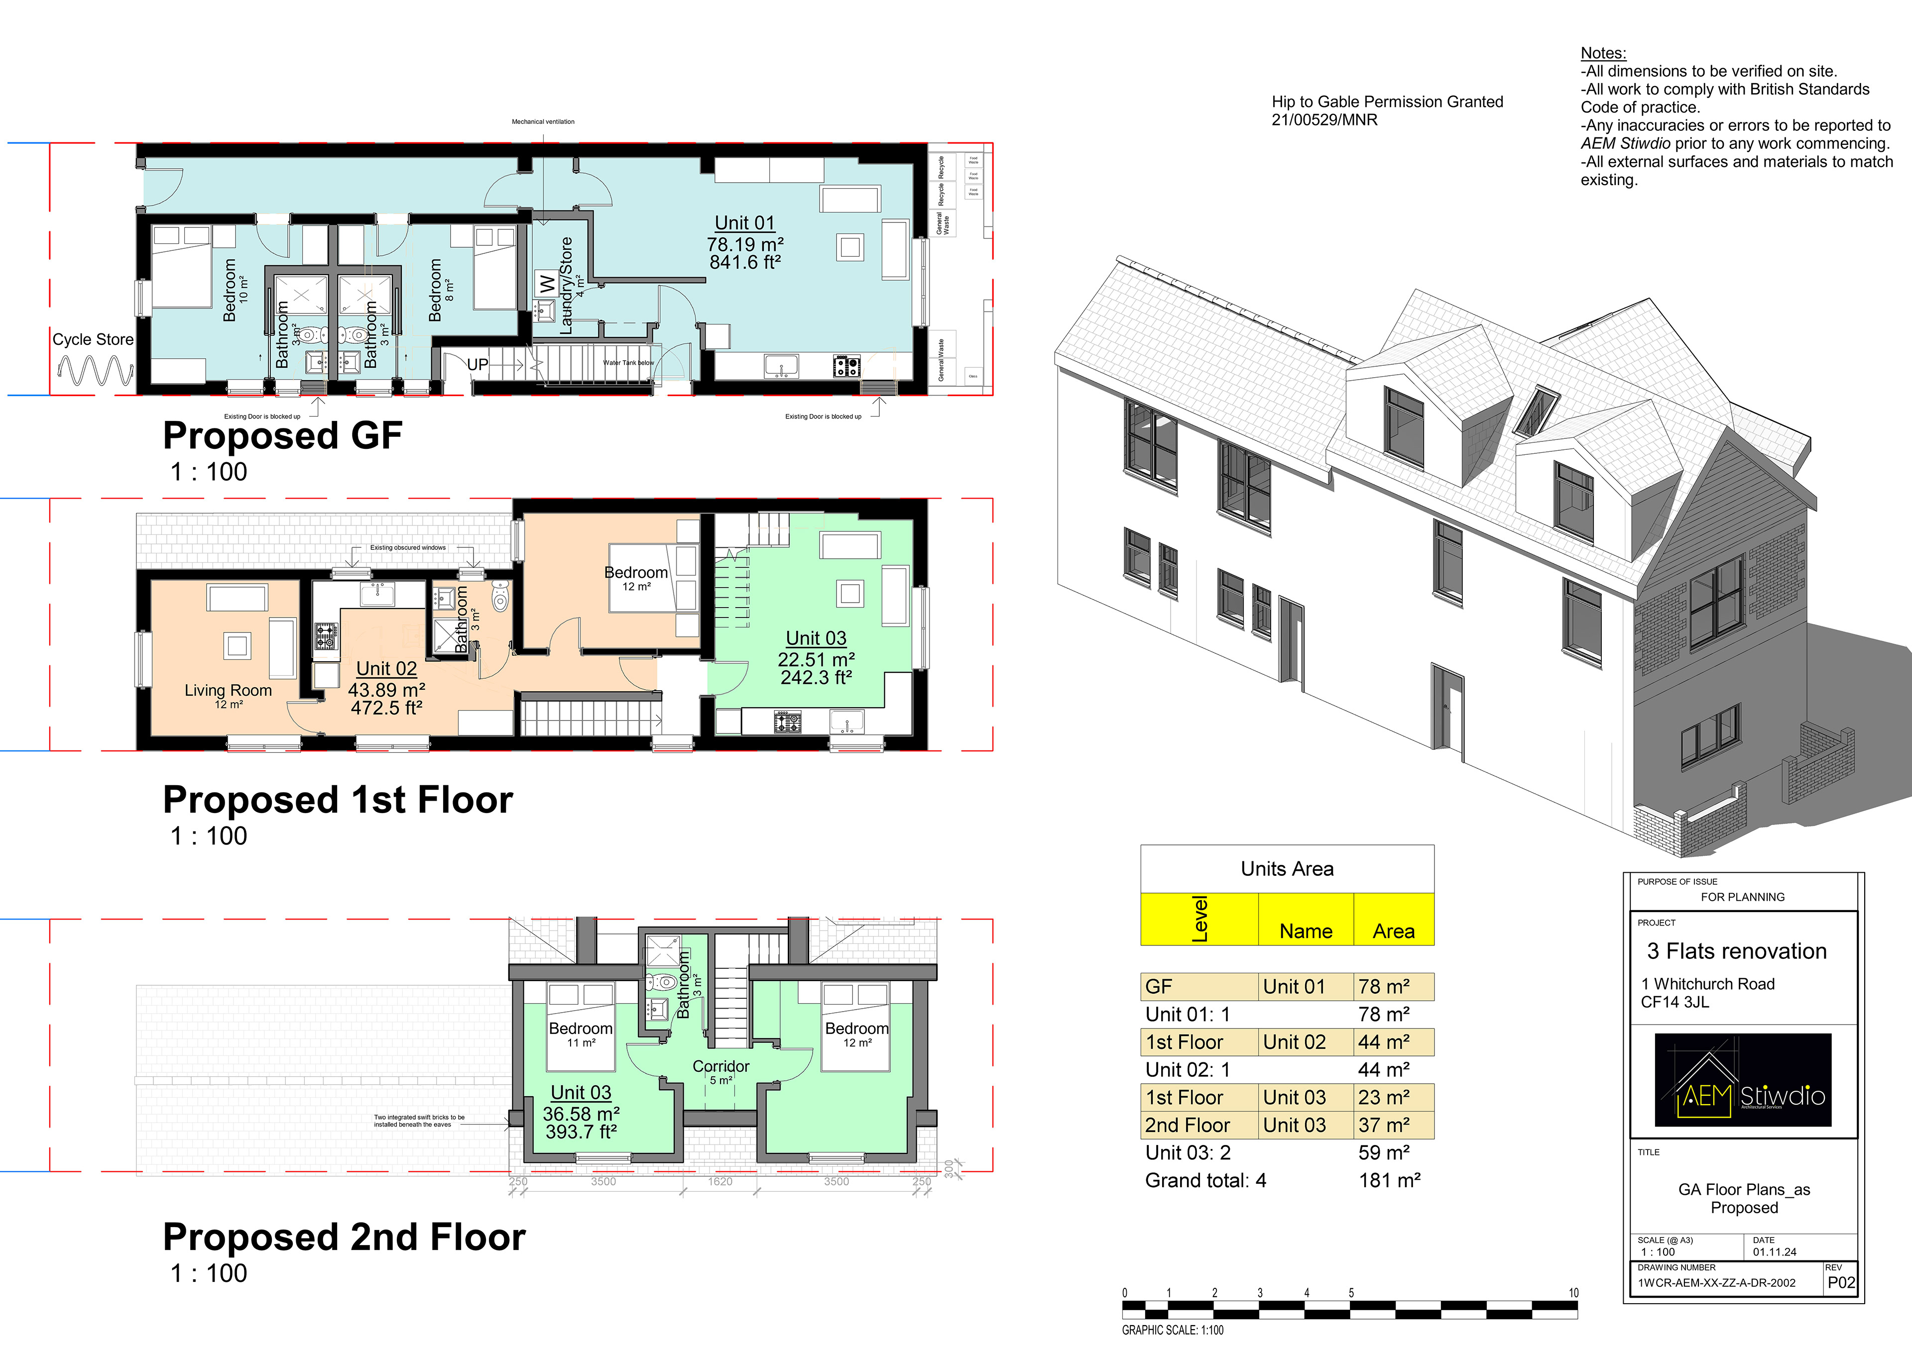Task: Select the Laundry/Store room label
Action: tap(566, 286)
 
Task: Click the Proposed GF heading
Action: tap(282, 435)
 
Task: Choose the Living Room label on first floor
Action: tap(228, 690)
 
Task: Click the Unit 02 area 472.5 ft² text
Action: tap(386, 709)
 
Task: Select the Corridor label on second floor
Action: tap(720, 1066)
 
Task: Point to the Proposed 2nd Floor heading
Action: tap(344, 1237)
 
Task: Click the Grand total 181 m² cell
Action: tap(1389, 1180)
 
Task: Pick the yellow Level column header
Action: tap(1199, 919)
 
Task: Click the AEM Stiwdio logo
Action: tap(1742, 1080)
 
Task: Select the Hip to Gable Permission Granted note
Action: tap(1387, 102)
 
